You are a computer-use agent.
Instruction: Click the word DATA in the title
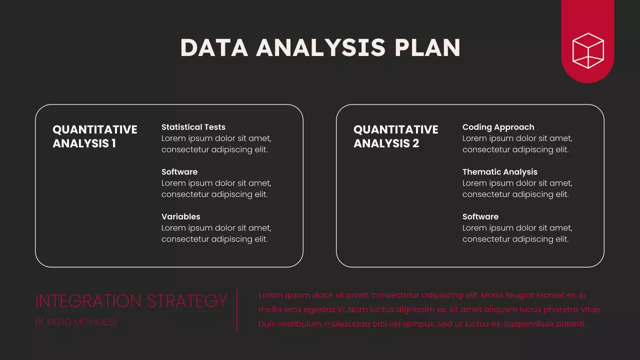tap(214, 47)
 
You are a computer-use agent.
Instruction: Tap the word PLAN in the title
tap(427, 47)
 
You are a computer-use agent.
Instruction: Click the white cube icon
tap(588, 51)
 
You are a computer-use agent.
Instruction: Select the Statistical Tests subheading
tap(193, 127)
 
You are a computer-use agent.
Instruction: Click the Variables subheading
tap(181, 216)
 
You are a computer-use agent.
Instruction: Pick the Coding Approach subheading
tap(498, 127)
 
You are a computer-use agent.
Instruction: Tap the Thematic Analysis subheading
tap(500, 172)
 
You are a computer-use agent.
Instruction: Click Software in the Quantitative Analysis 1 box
tap(179, 171)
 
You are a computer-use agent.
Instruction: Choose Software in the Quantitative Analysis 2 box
tap(480, 216)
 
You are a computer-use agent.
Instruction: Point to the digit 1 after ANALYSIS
tap(113, 143)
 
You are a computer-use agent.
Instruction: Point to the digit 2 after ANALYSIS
tap(415, 143)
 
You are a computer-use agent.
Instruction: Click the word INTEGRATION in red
tap(88, 301)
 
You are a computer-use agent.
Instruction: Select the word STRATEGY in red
tap(187, 301)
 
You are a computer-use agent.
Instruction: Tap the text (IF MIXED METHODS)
tap(76, 322)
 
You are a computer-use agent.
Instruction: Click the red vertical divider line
tap(237, 310)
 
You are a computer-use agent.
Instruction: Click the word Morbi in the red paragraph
tap(491, 295)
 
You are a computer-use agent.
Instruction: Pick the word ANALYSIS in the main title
tap(321, 47)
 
